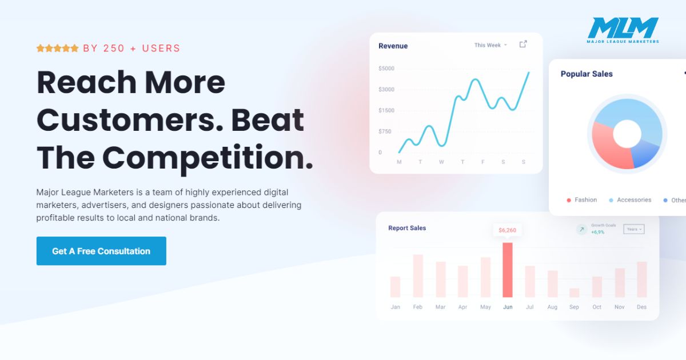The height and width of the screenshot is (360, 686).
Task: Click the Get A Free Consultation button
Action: point(101,251)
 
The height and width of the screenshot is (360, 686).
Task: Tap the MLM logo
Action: point(623,30)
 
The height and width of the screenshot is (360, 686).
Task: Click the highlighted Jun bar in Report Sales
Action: point(508,270)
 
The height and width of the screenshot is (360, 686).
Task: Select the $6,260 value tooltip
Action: point(507,230)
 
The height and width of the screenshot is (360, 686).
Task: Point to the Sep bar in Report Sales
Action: point(574,293)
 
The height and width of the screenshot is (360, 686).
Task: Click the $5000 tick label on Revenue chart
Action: point(386,68)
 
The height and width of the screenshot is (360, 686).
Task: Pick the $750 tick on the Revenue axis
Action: point(385,131)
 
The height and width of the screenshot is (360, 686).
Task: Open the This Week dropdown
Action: point(490,45)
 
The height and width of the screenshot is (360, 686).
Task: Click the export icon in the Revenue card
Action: point(523,45)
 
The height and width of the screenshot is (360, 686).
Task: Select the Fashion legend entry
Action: point(582,200)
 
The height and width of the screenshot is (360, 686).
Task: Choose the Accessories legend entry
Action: point(630,200)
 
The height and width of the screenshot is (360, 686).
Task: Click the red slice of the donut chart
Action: point(608,147)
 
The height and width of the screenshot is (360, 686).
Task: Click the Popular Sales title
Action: point(587,74)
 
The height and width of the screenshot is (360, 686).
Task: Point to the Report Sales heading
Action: point(407,228)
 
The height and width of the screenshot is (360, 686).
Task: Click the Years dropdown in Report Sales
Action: point(634,229)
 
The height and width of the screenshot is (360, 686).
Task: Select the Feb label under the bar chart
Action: point(418,307)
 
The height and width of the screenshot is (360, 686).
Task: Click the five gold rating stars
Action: point(58,48)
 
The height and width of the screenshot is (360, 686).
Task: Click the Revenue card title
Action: point(393,46)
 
